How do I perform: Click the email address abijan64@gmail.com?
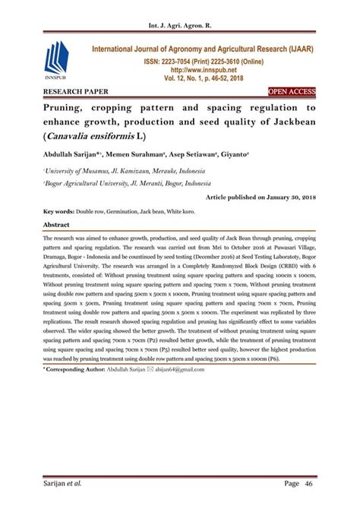pos(179,368)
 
